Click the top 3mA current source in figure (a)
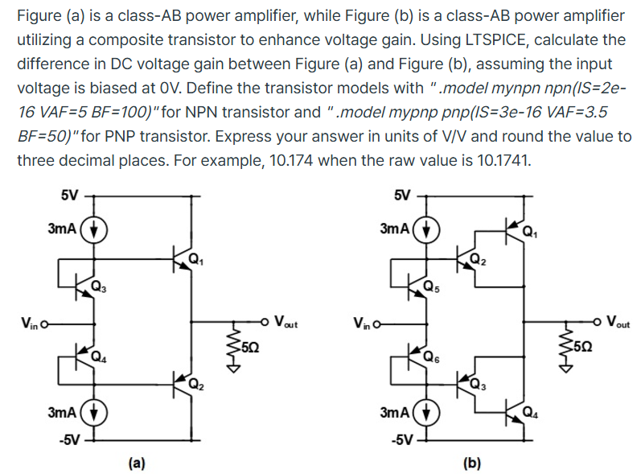coord(96,228)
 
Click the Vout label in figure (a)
coord(286,324)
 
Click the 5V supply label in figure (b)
coord(401,195)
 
